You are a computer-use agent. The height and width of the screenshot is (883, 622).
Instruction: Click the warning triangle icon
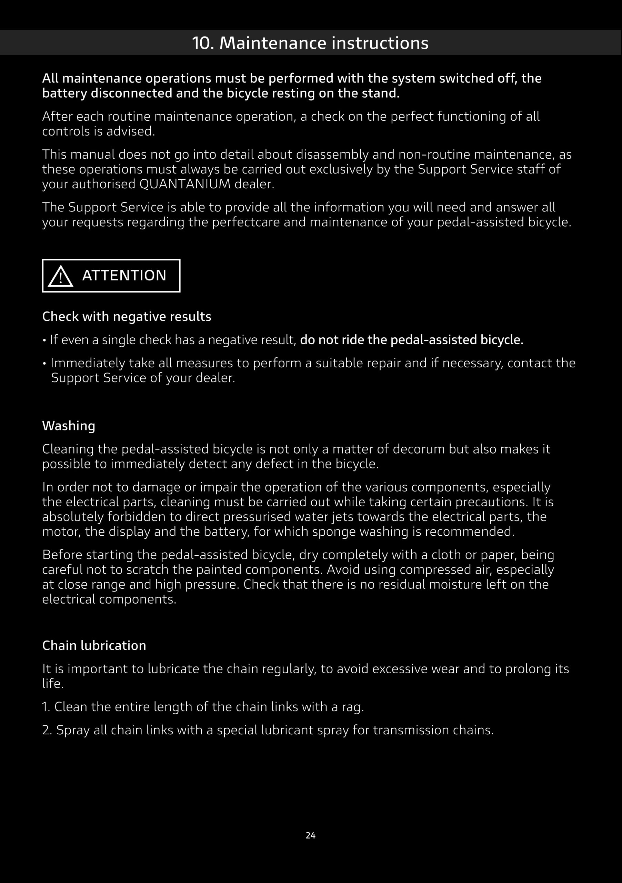pos(60,277)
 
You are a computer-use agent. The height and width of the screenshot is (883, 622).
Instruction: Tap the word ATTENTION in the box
pos(124,275)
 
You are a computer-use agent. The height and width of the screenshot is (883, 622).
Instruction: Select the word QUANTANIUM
pos(185,184)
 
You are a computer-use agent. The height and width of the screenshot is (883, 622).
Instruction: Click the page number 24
pos(311,835)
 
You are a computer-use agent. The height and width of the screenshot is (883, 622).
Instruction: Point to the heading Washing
pos(68,426)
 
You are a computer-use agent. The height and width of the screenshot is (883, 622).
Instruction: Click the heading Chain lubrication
pos(94,645)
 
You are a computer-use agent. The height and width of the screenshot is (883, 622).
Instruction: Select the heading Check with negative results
pos(127,317)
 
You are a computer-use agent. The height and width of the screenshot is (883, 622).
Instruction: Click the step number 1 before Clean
pos(46,707)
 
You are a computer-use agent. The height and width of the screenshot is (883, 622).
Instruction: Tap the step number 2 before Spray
pos(47,730)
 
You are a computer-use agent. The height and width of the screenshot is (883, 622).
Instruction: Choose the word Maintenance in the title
pos(273,43)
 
